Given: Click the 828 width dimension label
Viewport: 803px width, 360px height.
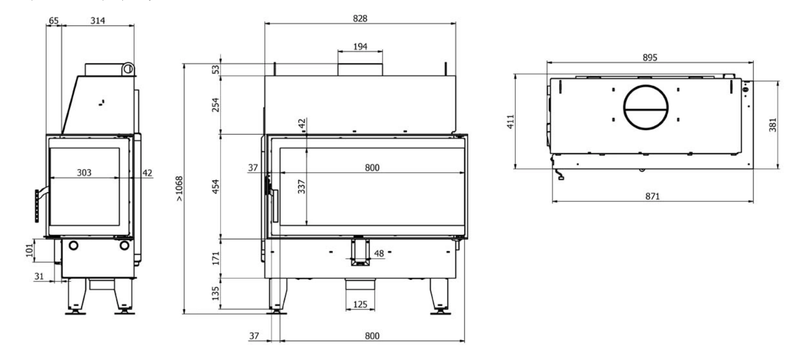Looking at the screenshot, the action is [360, 18].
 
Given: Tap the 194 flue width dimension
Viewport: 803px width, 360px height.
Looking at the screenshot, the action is [360, 47].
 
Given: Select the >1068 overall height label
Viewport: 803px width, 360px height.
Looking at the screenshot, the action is [179, 189].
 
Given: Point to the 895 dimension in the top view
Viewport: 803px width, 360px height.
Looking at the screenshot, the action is [650, 57].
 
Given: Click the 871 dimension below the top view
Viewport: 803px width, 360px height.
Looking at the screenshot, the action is [652, 196].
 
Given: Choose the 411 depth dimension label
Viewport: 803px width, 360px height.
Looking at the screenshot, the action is [510, 121].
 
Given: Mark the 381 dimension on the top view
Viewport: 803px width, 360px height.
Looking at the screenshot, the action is [773, 125].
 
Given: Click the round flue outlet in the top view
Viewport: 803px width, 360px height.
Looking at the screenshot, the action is [646, 85].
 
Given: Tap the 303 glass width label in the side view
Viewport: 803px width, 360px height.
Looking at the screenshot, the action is [84, 172].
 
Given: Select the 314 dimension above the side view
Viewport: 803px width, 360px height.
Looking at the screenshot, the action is [98, 21].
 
